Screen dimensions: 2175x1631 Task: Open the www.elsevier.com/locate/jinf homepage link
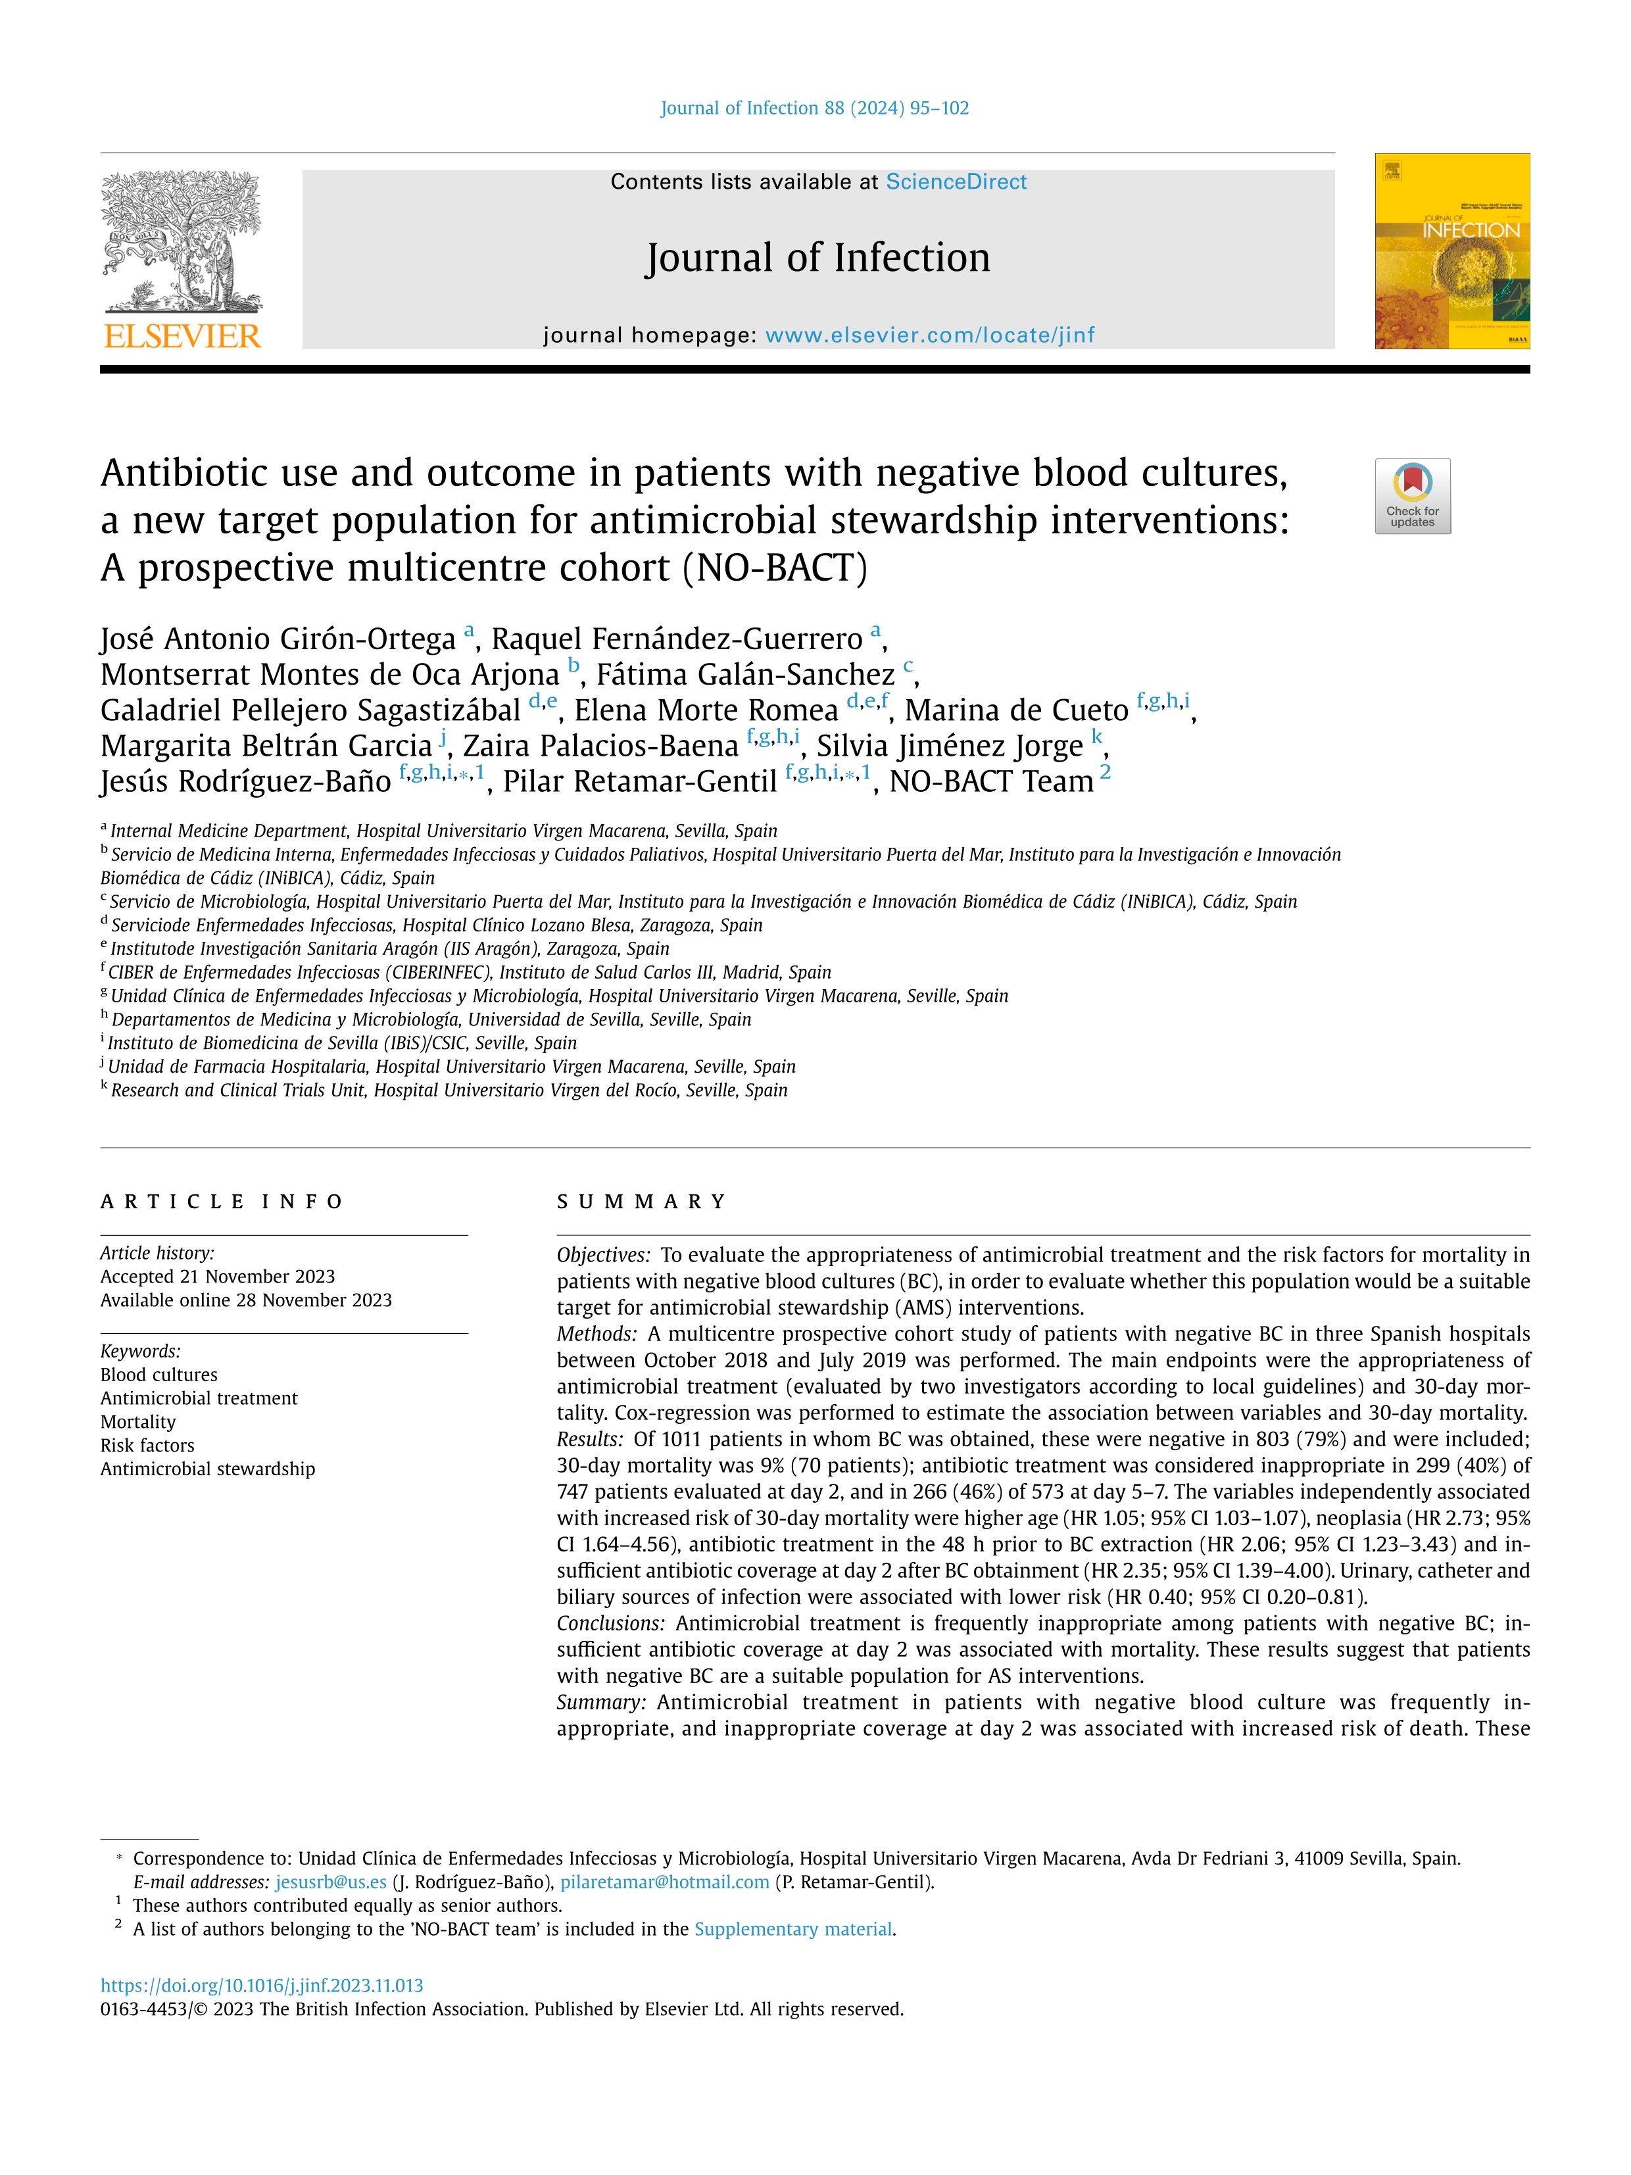point(929,335)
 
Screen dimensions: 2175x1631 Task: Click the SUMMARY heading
point(641,1202)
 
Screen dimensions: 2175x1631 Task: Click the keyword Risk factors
point(147,1446)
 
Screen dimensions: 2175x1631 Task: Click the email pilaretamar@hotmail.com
point(665,1882)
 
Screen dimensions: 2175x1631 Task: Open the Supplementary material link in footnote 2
point(793,1929)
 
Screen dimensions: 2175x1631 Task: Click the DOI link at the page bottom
point(262,1985)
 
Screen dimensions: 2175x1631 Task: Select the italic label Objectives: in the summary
point(602,1256)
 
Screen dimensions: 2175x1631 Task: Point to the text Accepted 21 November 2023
point(217,1277)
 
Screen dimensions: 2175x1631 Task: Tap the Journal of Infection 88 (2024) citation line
point(814,108)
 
